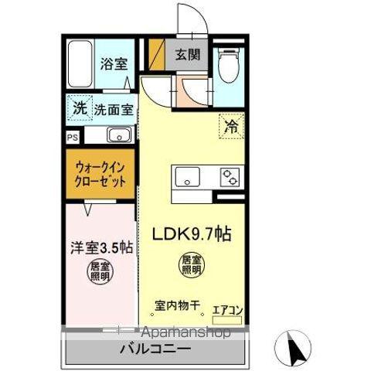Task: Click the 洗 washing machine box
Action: coord(80,109)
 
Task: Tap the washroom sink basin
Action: coord(119,137)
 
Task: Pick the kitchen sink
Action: coord(187,178)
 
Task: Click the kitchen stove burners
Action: coord(230,178)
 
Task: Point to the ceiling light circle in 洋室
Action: coord(98,273)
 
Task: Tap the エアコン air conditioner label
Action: coord(227,311)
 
